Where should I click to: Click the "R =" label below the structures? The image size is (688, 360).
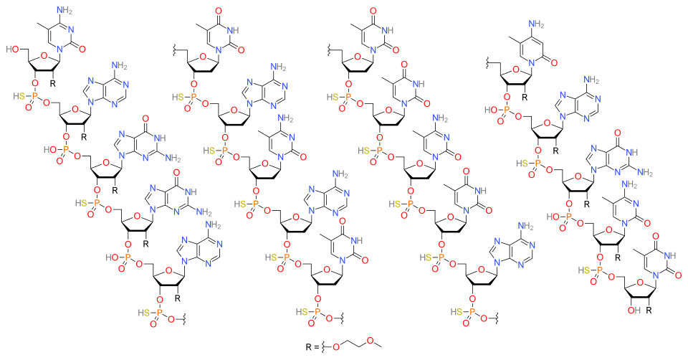312,346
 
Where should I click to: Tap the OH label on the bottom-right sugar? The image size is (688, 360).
631,310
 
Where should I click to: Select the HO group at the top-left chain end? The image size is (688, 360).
12,49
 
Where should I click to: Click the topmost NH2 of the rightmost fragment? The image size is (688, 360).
535,24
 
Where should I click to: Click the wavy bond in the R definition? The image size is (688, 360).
325,347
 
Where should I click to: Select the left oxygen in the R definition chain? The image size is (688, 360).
336,347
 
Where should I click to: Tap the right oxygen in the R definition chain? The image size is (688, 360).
370,340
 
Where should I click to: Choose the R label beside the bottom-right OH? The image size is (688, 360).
649,310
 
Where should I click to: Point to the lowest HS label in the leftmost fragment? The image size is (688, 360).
144,313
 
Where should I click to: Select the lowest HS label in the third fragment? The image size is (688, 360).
457,312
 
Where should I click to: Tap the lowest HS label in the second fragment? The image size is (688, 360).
302,312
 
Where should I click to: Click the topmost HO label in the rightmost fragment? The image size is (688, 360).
490,110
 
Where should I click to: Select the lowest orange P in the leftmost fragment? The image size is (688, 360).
159,313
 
